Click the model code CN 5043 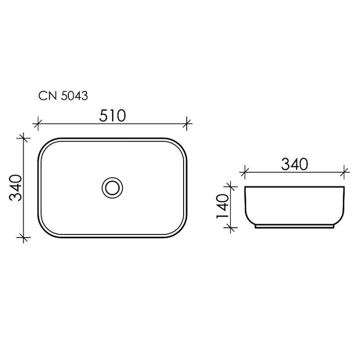[x=63, y=96]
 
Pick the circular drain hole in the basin [x=112, y=187]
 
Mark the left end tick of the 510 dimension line [x=37, y=123]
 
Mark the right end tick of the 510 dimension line [x=188, y=123]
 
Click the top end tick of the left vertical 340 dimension [x=22, y=138]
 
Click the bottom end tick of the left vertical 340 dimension [x=22, y=237]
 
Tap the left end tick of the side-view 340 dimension [x=245, y=171]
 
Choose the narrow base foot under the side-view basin [x=294, y=226]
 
